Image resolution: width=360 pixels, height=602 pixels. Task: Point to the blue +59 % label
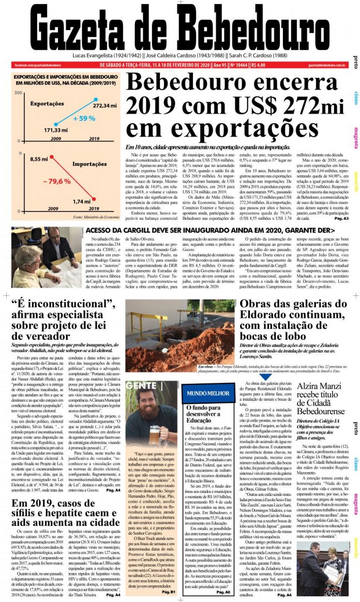(x=84, y=118)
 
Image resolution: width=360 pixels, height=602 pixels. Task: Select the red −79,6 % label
(x=57, y=182)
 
